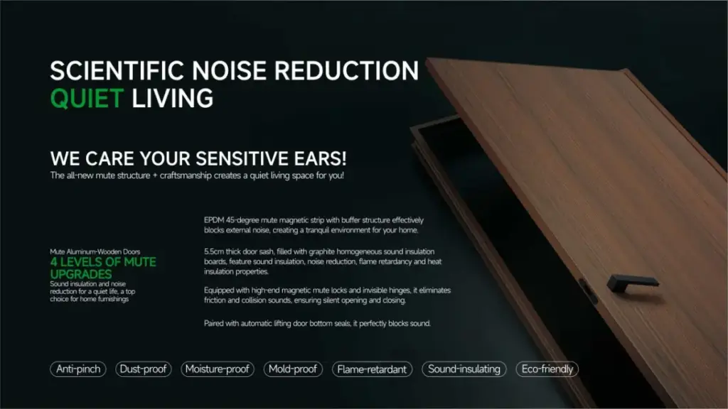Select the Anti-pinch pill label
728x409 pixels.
tap(77, 369)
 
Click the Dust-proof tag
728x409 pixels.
tap(143, 369)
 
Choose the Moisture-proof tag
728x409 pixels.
tap(217, 369)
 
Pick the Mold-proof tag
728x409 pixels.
tap(293, 369)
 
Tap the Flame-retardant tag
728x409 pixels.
tap(371, 369)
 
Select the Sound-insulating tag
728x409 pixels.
tap(464, 369)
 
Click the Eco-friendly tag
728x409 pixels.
tap(547, 369)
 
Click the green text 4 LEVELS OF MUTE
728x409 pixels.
tap(103, 262)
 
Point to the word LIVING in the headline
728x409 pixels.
tap(172, 97)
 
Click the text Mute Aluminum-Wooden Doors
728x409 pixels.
tap(95, 251)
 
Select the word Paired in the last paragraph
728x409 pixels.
tap(215, 323)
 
